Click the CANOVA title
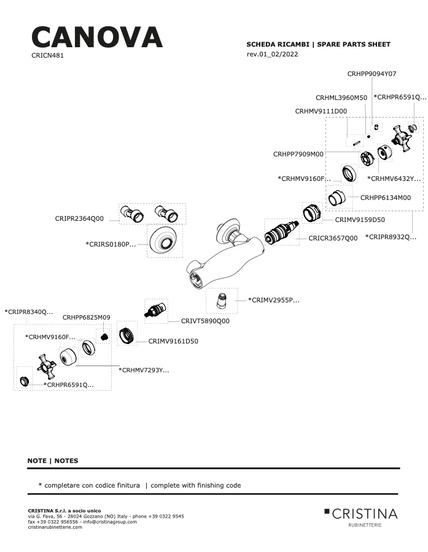[97, 37]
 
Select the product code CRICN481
[48, 56]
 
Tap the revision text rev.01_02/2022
[272, 54]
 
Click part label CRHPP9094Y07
[372, 74]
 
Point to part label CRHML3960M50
[341, 98]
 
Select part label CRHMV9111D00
[321, 111]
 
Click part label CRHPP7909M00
[298, 154]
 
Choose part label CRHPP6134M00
[386, 198]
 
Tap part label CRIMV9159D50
[360, 220]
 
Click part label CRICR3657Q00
[333, 239]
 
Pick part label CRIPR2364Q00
[79, 218]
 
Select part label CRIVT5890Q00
[205, 321]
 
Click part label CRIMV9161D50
[173, 341]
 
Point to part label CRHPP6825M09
[87, 318]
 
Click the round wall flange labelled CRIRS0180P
[163, 241]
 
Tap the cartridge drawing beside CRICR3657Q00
[281, 232]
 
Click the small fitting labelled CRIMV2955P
[222, 301]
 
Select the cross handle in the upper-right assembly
[401, 138]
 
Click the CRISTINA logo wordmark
[365, 514]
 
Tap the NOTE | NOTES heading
[53, 461]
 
